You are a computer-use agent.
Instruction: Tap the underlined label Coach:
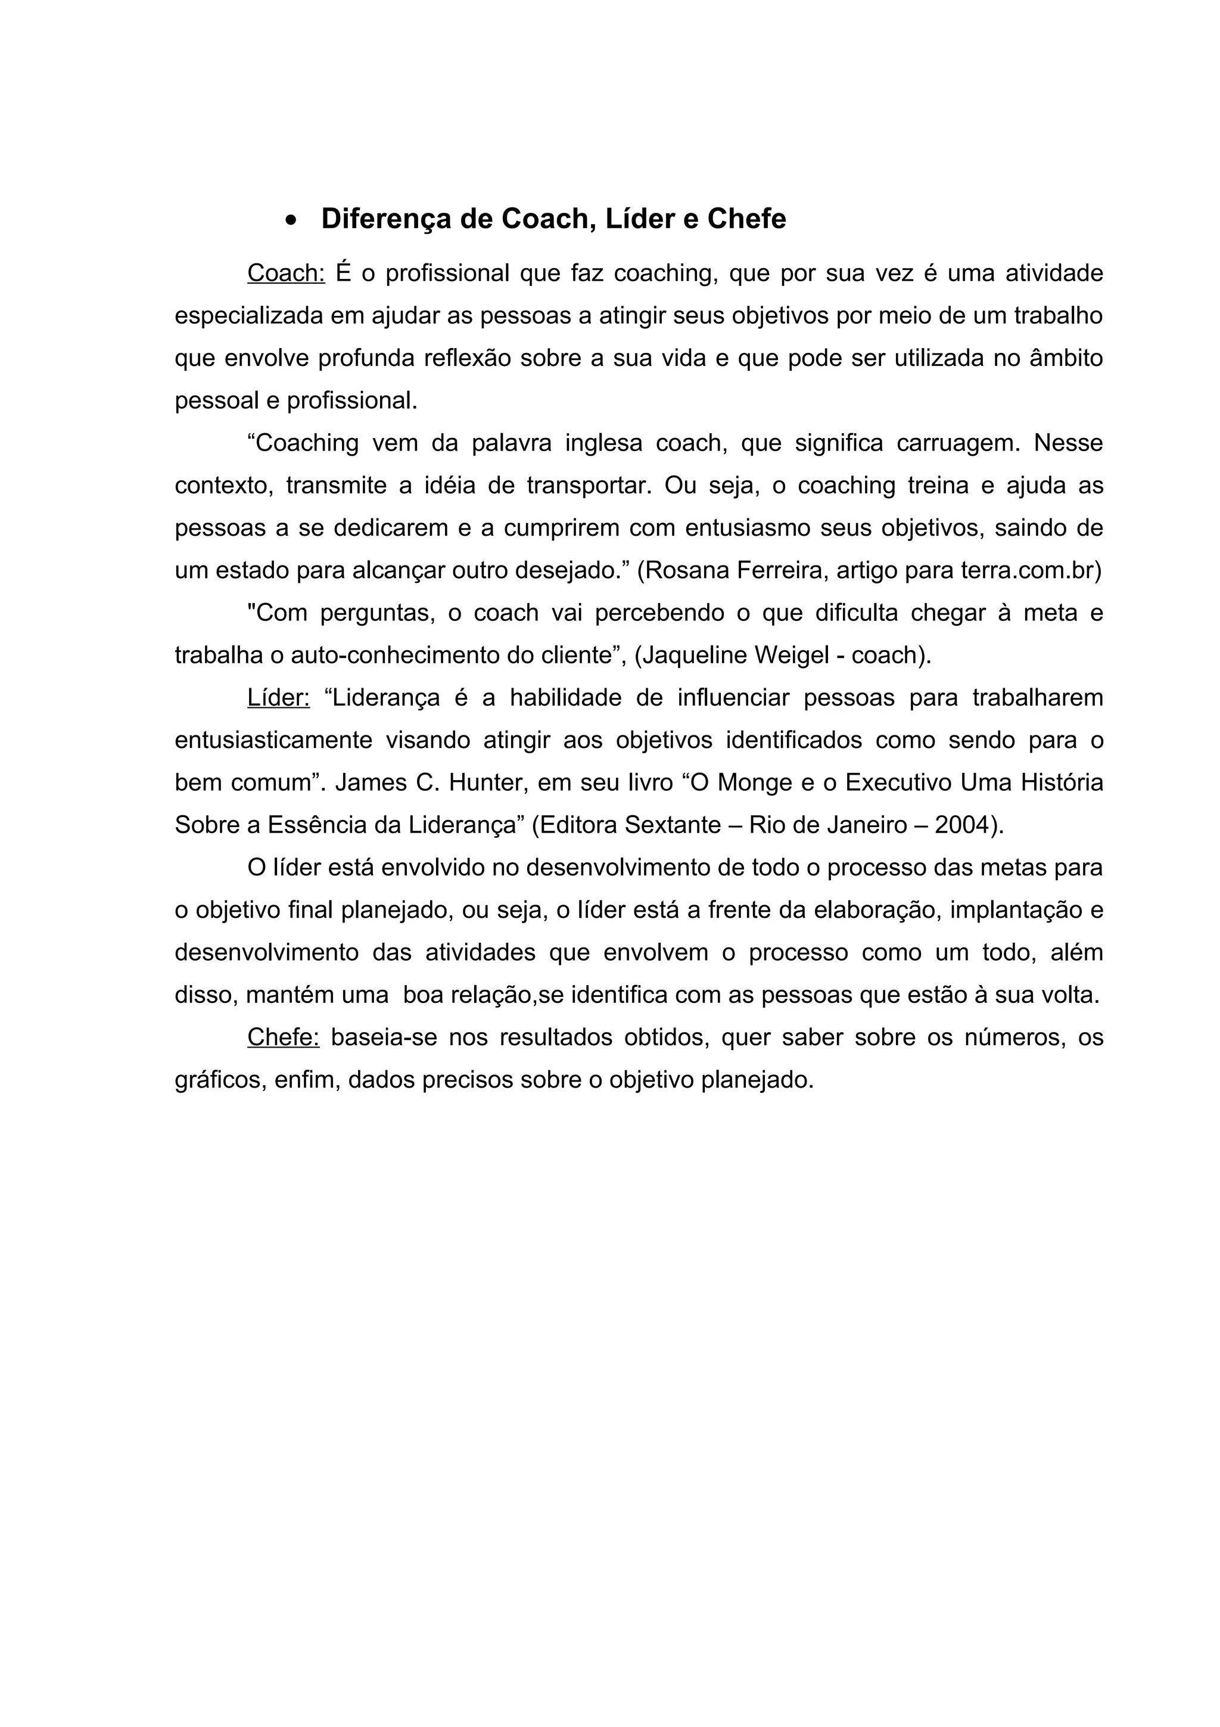286,273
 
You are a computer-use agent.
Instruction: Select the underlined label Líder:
278,698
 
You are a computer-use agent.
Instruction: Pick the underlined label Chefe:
284,1038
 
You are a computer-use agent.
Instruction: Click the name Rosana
687,570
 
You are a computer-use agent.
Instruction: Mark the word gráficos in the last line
219,1081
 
